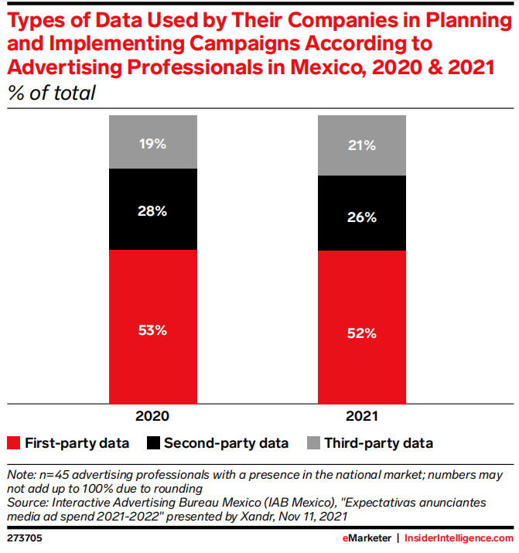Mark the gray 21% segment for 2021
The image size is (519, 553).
click(362, 145)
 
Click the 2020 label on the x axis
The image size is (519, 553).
click(153, 416)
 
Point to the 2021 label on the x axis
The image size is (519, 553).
click(362, 416)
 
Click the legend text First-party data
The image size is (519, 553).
click(77, 443)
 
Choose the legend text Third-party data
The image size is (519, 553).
click(378, 443)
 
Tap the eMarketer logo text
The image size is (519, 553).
click(365, 537)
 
